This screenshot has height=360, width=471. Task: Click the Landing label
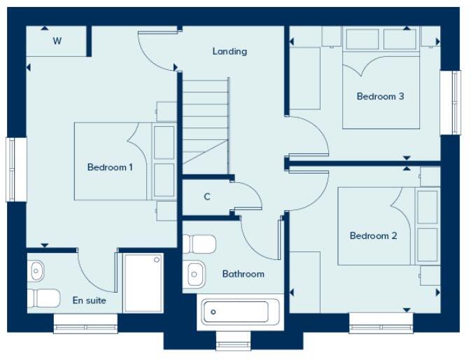pos(230,51)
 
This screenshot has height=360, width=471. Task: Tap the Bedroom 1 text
pos(110,167)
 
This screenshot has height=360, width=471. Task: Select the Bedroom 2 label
pos(373,236)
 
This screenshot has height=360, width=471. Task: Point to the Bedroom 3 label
pos(380,97)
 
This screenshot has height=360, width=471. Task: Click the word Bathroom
pos(243,274)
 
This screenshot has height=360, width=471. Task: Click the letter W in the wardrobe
pos(57,41)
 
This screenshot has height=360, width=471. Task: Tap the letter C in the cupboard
pos(207,197)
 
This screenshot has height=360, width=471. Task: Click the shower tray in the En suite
pos(143,283)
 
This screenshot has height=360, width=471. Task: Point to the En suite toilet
pos(44,298)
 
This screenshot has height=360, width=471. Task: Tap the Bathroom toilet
pos(199,244)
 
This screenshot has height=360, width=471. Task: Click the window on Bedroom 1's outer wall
pos(16,169)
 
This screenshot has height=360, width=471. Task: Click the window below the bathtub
pos(233,344)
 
